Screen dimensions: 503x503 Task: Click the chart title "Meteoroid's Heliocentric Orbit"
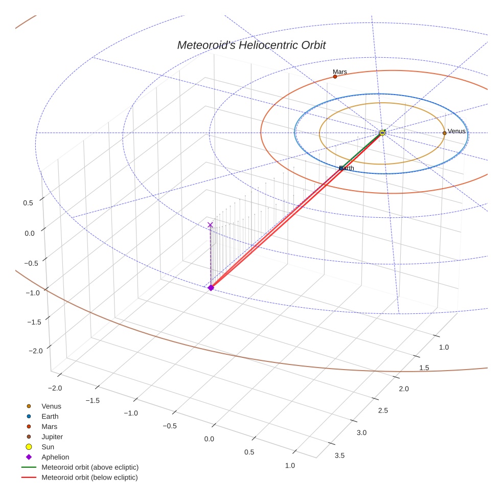click(x=251, y=45)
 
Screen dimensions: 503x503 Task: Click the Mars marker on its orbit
click(x=335, y=77)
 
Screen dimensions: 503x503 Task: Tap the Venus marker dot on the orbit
click(x=444, y=133)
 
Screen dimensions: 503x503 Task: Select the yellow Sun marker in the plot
click(x=382, y=133)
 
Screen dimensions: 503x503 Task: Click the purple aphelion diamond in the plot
click(x=211, y=288)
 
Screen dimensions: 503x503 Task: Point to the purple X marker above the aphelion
click(x=210, y=225)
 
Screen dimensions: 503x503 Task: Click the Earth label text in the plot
click(x=347, y=168)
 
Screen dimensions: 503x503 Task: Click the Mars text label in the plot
click(x=339, y=72)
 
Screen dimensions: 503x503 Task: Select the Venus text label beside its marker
click(x=456, y=131)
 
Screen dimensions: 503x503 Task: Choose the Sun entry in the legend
click(x=48, y=447)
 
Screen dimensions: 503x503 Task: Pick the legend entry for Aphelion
click(x=55, y=457)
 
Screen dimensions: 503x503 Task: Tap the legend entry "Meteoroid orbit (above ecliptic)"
click(x=90, y=467)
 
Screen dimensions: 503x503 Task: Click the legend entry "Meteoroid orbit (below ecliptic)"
click(x=89, y=477)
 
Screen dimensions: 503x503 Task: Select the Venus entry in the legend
click(x=51, y=406)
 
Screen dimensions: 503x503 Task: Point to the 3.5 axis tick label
click(x=339, y=455)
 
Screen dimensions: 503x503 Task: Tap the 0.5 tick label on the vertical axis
click(x=28, y=202)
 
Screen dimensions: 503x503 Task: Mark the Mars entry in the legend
click(x=49, y=426)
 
